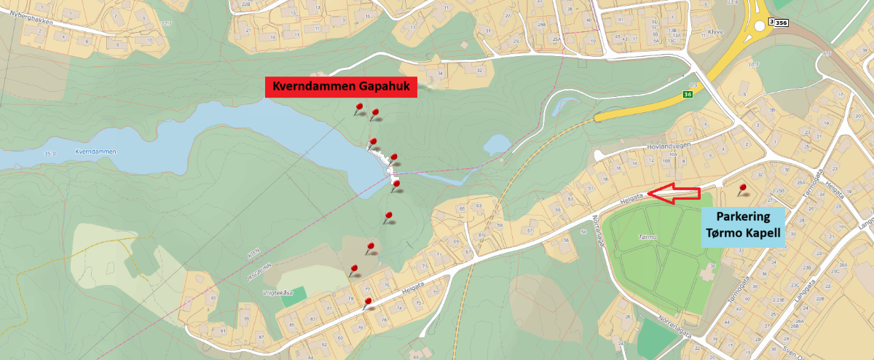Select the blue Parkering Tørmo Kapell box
pos(744,226)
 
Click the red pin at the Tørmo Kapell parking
pos(742,189)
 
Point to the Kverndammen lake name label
pos(95,152)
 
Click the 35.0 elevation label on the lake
pos(50,154)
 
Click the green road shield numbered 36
pos(688,95)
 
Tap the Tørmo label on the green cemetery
pos(647,237)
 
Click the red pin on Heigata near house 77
pos(368,302)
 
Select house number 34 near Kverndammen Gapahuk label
pos(440,74)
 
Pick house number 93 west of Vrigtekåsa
pos(213,298)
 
